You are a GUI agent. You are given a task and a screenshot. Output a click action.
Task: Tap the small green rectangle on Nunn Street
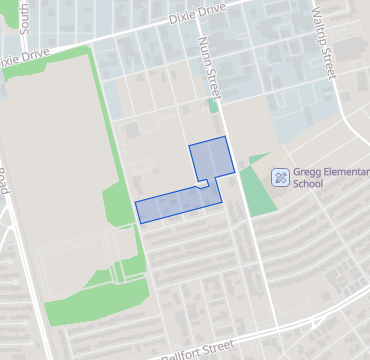coord(214,105)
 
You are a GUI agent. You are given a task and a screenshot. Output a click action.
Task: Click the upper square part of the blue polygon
coord(211,159)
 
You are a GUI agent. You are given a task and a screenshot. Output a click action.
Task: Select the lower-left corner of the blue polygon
coord(139,218)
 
